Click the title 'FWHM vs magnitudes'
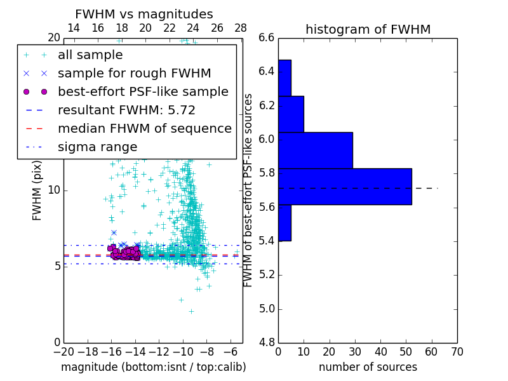tap(144, 14)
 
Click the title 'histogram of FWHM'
tap(368, 29)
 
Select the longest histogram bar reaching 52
tap(345, 186)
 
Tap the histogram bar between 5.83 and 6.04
tap(315, 150)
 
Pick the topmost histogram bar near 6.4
tap(284, 77)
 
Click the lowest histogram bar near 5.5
tap(284, 222)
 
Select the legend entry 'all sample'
tap(90, 55)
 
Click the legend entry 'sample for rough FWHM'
tap(134, 74)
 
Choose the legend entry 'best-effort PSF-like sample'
tap(143, 92)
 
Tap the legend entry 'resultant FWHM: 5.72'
tap(126, 110)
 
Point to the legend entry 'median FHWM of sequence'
tap(144, 129)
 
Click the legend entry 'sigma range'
tap(97, 147)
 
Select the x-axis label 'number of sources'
tap(368, 367)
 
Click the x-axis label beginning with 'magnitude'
tap(153, 367)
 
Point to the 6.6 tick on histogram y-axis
tap(267, 38)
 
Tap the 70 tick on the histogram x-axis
tap(457, 351)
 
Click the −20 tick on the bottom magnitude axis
tap(63, 351)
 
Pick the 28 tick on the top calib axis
tap(241, 28)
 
